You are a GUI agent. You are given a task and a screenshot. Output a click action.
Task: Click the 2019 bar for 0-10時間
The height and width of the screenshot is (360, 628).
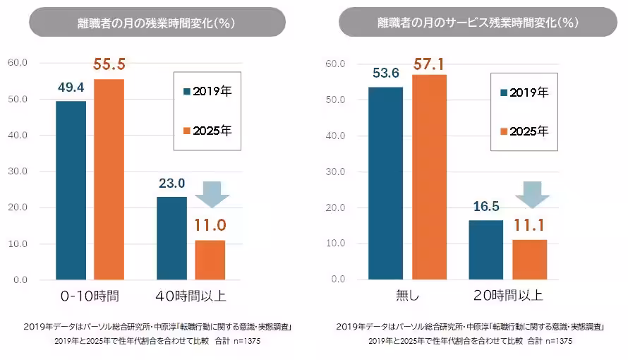click(71, 191)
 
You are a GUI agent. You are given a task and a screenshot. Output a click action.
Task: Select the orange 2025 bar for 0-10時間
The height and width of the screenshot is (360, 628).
click(109, 179)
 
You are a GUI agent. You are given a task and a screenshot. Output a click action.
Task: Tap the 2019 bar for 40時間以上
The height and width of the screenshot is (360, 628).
click(171, 238)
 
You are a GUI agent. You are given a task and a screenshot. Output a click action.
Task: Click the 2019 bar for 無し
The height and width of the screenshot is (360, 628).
click(385, 183)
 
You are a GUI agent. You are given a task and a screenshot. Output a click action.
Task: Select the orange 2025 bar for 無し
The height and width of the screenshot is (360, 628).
click(429, 176)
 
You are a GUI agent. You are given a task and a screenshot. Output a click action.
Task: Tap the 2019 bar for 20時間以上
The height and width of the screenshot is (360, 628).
click(486, 250)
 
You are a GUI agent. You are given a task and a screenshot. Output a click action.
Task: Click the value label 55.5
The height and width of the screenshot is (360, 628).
click(109, 65)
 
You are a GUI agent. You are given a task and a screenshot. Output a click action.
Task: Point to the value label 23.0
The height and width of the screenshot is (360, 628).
click(171, 184)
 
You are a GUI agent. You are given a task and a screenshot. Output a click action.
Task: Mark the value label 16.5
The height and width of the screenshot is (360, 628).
click(485, 207)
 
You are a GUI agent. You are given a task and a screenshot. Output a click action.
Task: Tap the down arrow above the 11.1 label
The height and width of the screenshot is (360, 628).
click(529, 194)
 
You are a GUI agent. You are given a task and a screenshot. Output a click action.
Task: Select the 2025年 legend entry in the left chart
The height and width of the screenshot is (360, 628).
click(208, 131)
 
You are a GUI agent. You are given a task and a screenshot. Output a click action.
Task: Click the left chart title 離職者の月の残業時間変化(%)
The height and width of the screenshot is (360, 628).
click(157, 23)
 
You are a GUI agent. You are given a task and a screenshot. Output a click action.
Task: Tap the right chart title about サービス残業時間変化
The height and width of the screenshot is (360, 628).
click(478, 23)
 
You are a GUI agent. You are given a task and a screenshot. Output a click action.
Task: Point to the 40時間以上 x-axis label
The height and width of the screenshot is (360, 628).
click(191, 296)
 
